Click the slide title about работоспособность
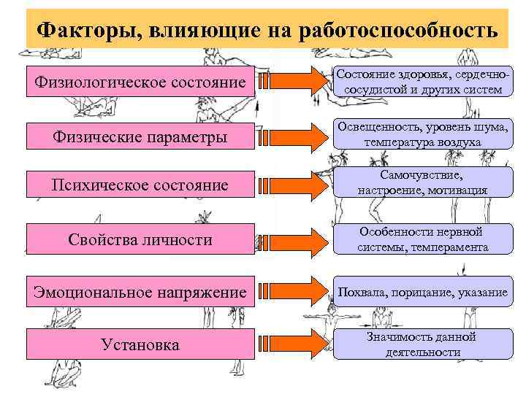click(x=267, y=31)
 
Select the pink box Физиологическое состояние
click(x=140, y=82)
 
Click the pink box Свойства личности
click(x=140, y=240)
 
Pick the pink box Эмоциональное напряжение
click(x=140, y=292)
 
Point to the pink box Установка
click(x=140, y=344)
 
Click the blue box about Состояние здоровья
click(x=419, y=82)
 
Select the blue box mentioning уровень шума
click(x=419, y=134)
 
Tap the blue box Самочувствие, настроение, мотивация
click(x=419, y=182)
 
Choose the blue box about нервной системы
click(x=419, y=239)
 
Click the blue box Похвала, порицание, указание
click(x=419, y=293)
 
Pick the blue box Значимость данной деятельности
click(x=419, y=344)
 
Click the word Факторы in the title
click(x=86, y=31)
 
